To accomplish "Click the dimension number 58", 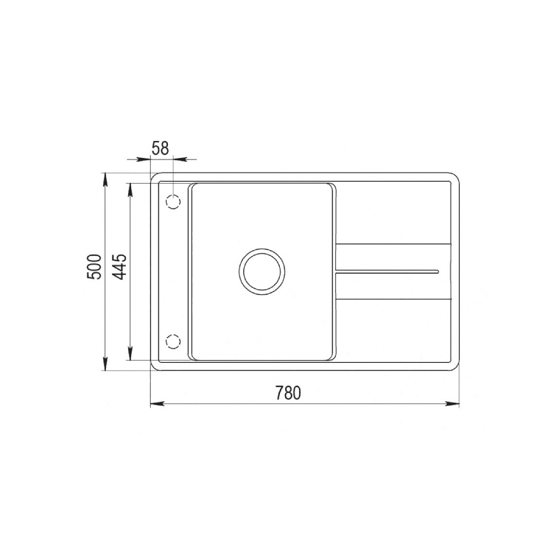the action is (x=160, y=148).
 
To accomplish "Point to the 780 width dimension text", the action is (x=288, y=393).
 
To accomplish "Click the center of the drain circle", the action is (x=262, y=272).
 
